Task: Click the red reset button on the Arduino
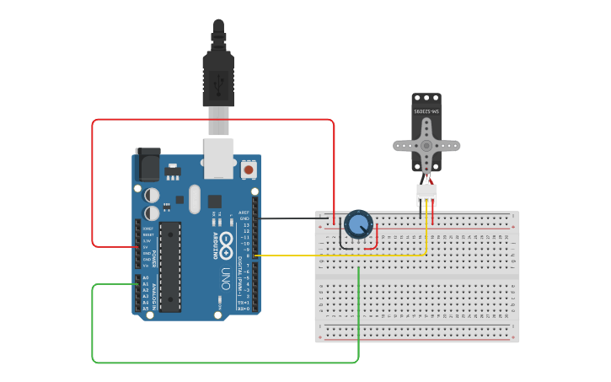[x=248, y=169]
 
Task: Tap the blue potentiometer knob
[x=358, y=224]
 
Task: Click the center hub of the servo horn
[x=426, y=145]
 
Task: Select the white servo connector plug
[x=426, y=195]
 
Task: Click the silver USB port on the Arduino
[x=218, y=159]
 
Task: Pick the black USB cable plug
[x=218, y=80]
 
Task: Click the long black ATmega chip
[x=170, y=266]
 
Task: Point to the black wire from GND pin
[x=291, y=218]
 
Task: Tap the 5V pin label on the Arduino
[x=147, y=247]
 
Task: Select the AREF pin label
[x=244, y=213]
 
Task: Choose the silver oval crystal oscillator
[x=195, y=199]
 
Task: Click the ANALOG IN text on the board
[x=154, y=293]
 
